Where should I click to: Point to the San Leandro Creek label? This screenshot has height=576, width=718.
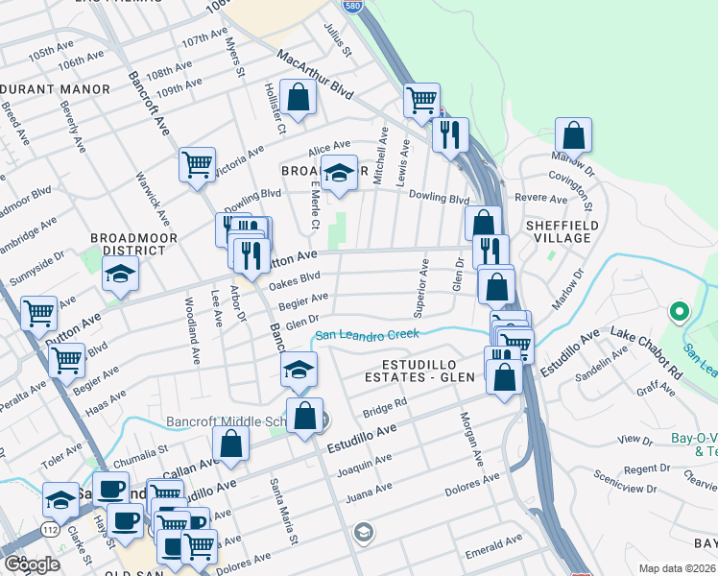tap(367, 335)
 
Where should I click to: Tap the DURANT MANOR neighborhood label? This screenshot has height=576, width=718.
tap(54, 88)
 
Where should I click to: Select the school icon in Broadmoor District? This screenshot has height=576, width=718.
tap(122, 274)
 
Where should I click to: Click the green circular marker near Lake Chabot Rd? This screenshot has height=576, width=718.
tap(680, 311)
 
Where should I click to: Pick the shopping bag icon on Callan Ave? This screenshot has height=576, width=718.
tap(230, 443)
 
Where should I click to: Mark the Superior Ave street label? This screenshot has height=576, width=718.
tap(419, 286)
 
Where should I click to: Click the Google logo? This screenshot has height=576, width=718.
tap(33, 564)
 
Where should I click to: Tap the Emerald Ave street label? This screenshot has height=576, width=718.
tap(494, 542)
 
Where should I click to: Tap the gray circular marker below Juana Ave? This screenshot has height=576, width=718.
tap(363, 531)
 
